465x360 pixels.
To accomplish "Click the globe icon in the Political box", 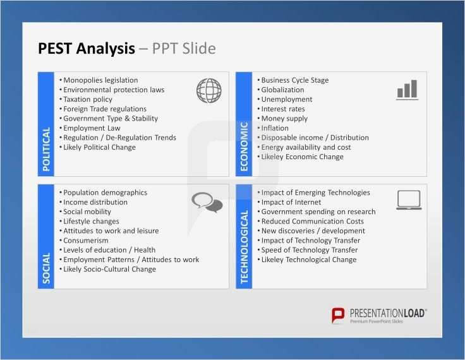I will (x=208, y=90).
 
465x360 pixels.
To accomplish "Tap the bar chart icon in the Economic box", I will (x=407, y=90).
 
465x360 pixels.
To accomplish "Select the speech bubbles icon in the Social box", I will (x=207, y=202).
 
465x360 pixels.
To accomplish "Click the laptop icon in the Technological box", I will (x=409, y=200).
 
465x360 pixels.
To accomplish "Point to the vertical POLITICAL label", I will (x=46, y=149).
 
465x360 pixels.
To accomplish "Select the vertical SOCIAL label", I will (x=46, y=268).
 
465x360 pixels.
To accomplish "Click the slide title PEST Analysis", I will (x=87, y=49).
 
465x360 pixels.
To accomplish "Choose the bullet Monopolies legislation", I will (x=100, y=80).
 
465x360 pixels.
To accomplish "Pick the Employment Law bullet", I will (x=92, y=128).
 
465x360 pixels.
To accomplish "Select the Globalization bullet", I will (x=282, y=90).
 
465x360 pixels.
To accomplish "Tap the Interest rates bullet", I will (x=282, y=109).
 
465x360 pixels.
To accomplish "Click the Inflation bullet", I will (x=274, y=128).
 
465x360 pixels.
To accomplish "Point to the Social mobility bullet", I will (x=87, y=212).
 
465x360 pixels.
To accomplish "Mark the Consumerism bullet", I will (x=86, y=241).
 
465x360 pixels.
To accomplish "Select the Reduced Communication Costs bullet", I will (x=312, y=221).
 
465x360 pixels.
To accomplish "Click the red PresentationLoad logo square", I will (x=339, y=316).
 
